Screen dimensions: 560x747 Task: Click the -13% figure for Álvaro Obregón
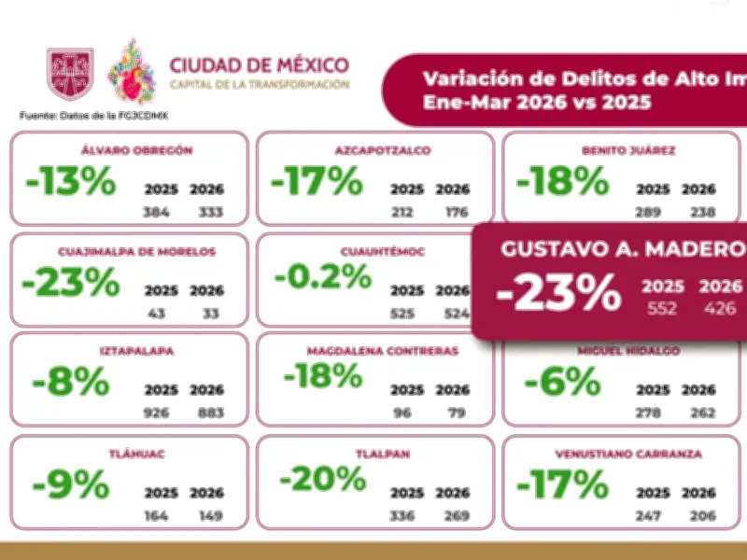pos(71,183)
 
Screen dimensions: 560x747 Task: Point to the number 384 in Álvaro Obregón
pos(156,212)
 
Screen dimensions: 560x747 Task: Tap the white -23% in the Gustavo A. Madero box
pos(559,294)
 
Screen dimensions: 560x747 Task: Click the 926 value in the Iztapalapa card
pos(156,412)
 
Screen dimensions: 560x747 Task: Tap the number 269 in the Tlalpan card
pos(453,514)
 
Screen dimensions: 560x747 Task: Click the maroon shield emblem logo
pos(71,74)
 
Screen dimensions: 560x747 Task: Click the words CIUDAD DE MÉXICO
pos(260,65)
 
